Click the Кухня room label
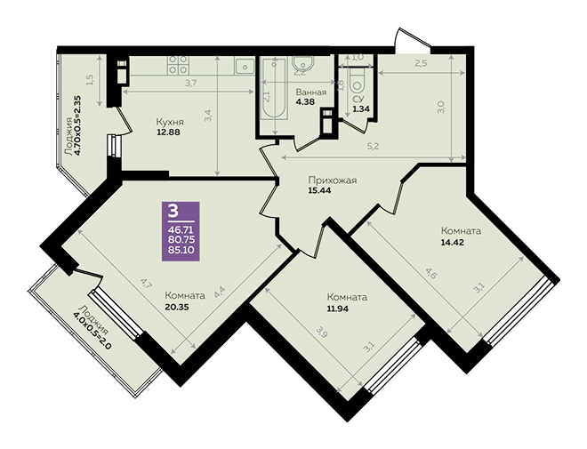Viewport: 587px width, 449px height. [170, 122]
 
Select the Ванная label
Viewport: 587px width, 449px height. [311, 92]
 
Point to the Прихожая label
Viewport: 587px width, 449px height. [333, 180]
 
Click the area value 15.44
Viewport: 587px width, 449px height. [319, 190]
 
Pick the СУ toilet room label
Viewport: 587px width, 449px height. [358, 100]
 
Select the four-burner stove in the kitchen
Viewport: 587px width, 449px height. [178, 64]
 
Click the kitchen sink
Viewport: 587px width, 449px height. [245, 66]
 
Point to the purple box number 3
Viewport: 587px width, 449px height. [173, 212]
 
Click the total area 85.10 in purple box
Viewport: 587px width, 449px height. [181, 250]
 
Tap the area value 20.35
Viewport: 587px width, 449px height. [177, 308]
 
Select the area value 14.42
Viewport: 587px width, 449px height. [452, 242]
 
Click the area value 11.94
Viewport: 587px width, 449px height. [339, 309]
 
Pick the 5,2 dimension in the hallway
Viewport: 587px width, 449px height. [374, 147]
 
